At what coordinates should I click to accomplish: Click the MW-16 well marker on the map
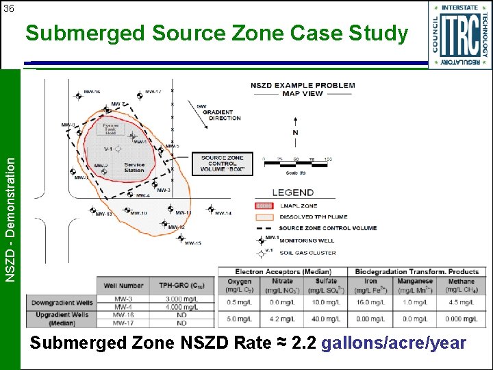click(x=78, y=96)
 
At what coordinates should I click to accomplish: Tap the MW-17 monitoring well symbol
click(x=139, y=96)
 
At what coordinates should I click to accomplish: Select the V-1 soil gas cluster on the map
click(x=118, y=149)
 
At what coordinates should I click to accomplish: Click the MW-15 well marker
click(x=181, y=238)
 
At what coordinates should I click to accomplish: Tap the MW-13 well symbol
click(x=92, y=210)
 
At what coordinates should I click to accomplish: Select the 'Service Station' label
click(x=134, y=167)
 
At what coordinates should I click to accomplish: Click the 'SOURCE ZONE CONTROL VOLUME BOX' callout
click(x=223, y=164)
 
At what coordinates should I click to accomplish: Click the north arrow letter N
click(x=295, y=132)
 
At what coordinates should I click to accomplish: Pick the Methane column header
click(x=461, y=284)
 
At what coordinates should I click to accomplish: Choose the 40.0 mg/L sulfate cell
click(x=326, y=319)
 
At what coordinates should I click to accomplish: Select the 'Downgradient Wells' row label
click(x=62, y=302)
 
